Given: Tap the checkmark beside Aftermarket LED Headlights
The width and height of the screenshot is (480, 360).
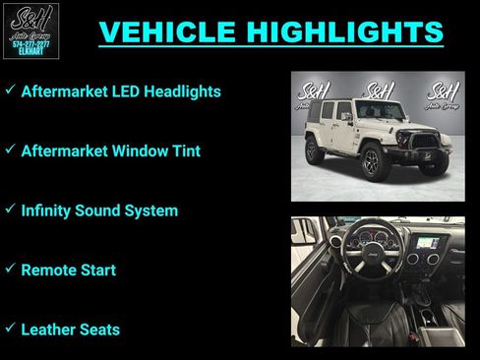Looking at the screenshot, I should click(x=10, y=90).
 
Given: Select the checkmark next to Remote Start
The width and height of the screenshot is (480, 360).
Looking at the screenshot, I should click(x=10, y=269).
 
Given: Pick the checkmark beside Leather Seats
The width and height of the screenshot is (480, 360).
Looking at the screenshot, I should click(x=10, y=329).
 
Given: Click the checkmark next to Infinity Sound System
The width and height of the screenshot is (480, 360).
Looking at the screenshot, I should click(x=10, y=210).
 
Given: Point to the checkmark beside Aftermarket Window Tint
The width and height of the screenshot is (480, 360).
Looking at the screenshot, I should click(x=10, y=150).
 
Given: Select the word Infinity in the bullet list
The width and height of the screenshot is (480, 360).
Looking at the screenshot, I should click(x=48, y=210).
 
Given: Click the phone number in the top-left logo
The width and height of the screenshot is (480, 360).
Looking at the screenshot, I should click(x=30, y=42).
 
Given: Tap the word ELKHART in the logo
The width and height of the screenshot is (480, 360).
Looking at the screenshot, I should click(x=30, y=52).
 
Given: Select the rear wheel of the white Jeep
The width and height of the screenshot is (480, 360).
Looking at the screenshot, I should click(x=315, y=150).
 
